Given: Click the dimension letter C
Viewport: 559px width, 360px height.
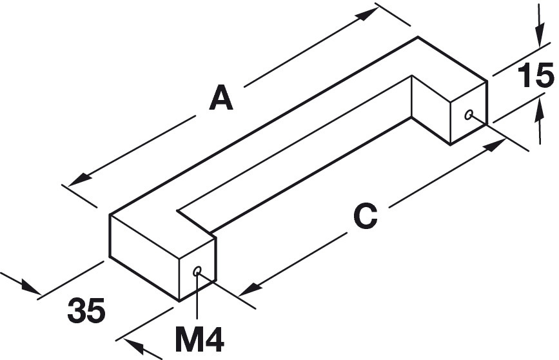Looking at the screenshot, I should coord(365,216).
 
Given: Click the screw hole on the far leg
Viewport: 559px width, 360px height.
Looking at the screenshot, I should coord(469,115).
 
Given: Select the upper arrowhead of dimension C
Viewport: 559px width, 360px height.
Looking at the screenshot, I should coord(493,145).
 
